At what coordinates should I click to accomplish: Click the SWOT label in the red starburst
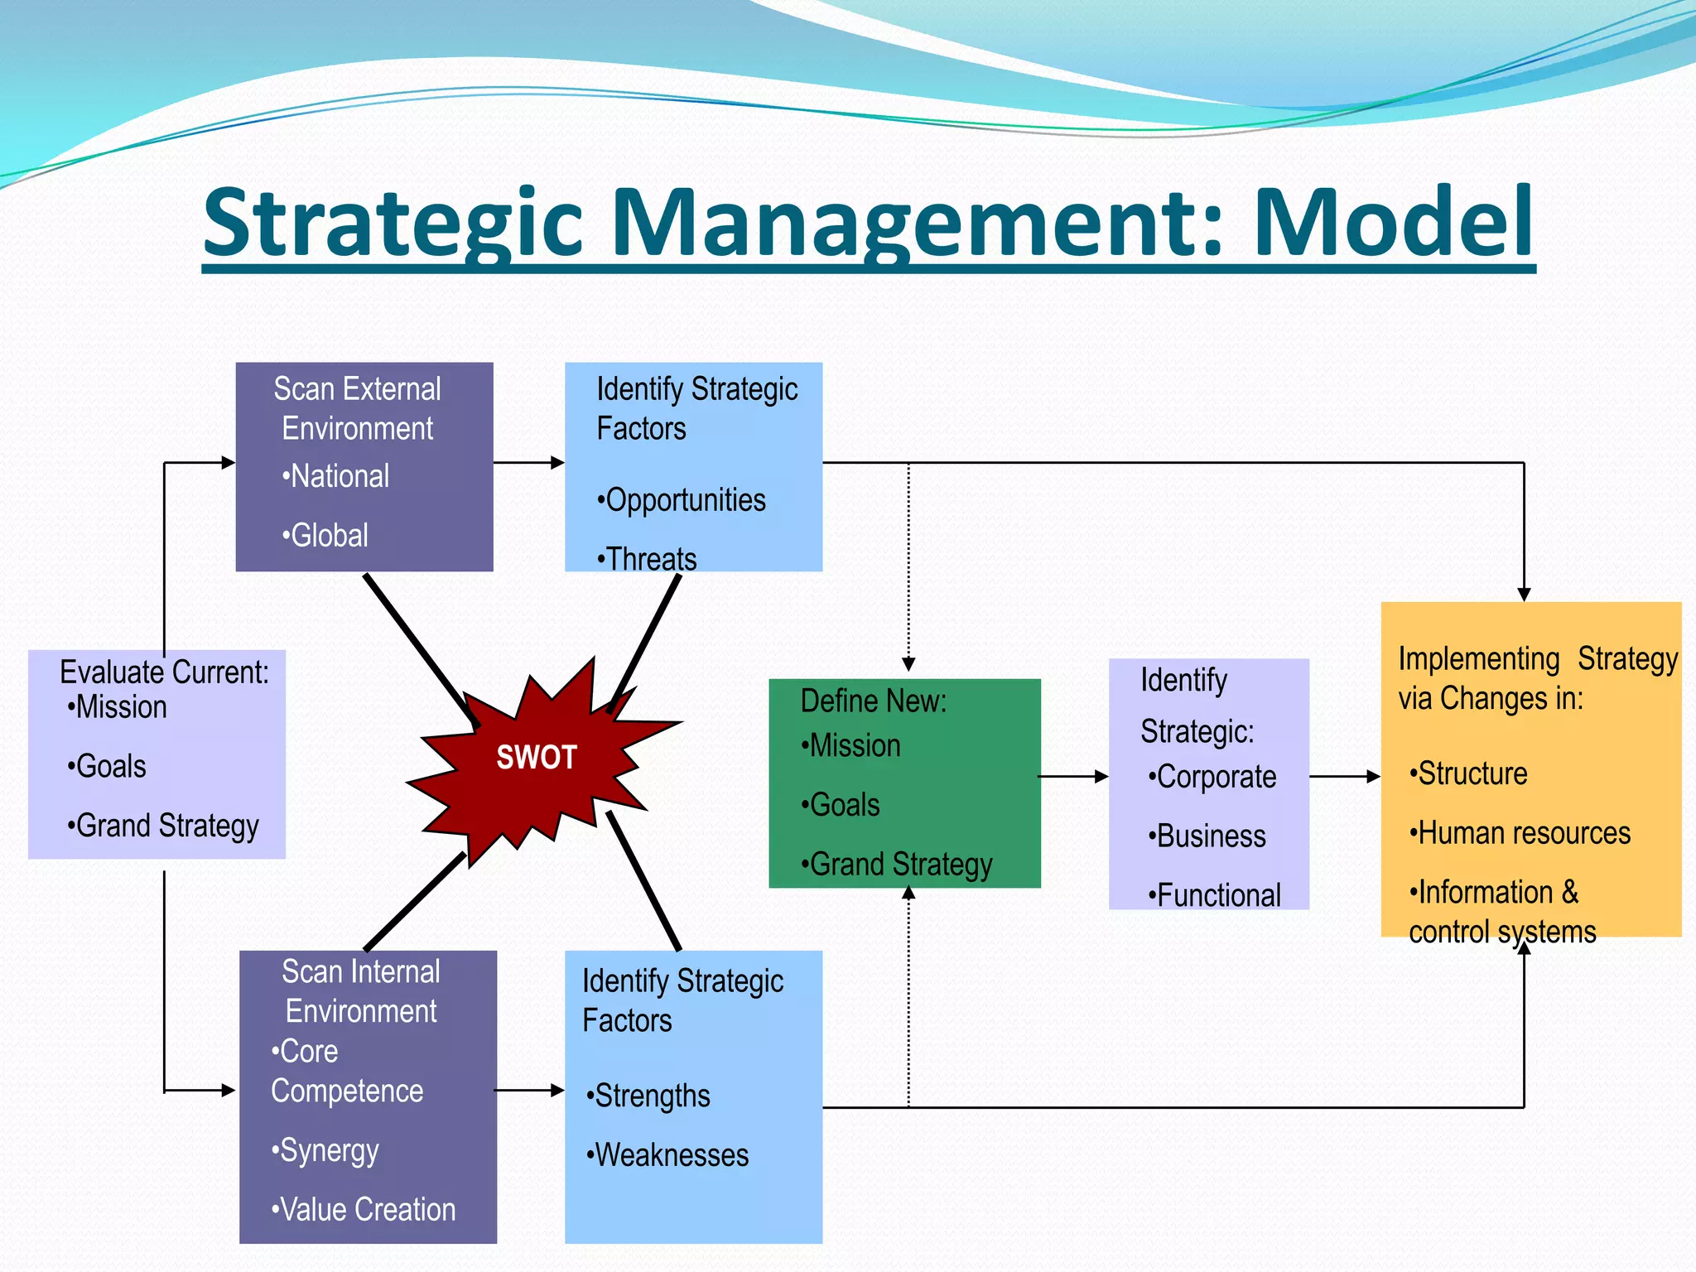pyautogui.click(x=537, y=757)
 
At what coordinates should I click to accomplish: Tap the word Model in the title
pyautogui.click(x=1394, y=222)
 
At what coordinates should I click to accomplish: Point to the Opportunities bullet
pyautogui.click(x=682, y=499)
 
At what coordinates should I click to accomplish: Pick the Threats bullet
pyautogui.click(x=648, y=558)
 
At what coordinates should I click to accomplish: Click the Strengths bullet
pyautogui.click(x=648, y=1095)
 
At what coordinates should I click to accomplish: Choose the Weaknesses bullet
pyautogui.click(x=667, y=1154)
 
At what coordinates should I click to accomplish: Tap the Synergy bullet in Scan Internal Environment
pyautogui.click(x=325, y=1150)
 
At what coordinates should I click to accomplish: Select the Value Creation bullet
pyautogui.click(x=364, y=1209)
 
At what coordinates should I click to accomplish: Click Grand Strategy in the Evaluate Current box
pyautogui.click(x=164, y=826)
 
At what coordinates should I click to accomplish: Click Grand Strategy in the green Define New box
pyautogui.click(x=897, y=864)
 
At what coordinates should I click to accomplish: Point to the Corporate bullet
pyautogui.click(x=1212, y=777)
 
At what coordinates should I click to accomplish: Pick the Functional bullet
pyautogui.click(x=1215, y=895)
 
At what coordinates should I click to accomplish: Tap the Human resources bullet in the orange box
pyautogui.click(x=1520, y=832)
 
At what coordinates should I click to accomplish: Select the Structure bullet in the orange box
pyautogui.click(x=1469, y=773)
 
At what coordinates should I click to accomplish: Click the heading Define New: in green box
pyautogui.click(x=874, y=701)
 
